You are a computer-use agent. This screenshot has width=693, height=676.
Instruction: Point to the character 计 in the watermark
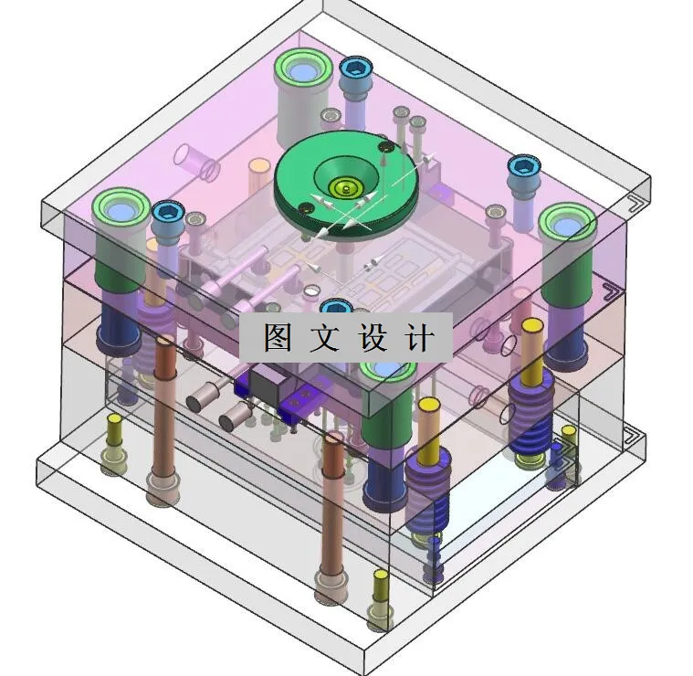point(419,337)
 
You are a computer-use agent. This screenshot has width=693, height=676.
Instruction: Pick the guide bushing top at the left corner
point(120,209)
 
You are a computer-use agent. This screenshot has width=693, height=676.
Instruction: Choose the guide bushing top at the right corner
point(566,222)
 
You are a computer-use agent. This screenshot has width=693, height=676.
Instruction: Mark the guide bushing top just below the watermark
point(388,369)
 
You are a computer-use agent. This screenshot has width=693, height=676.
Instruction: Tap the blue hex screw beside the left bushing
point(167,214)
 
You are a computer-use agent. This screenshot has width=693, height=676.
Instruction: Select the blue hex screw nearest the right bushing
point(523,166)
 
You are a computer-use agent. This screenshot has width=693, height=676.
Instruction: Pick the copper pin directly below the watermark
point(332,512)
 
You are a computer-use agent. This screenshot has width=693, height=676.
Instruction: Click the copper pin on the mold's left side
point(164,411)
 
